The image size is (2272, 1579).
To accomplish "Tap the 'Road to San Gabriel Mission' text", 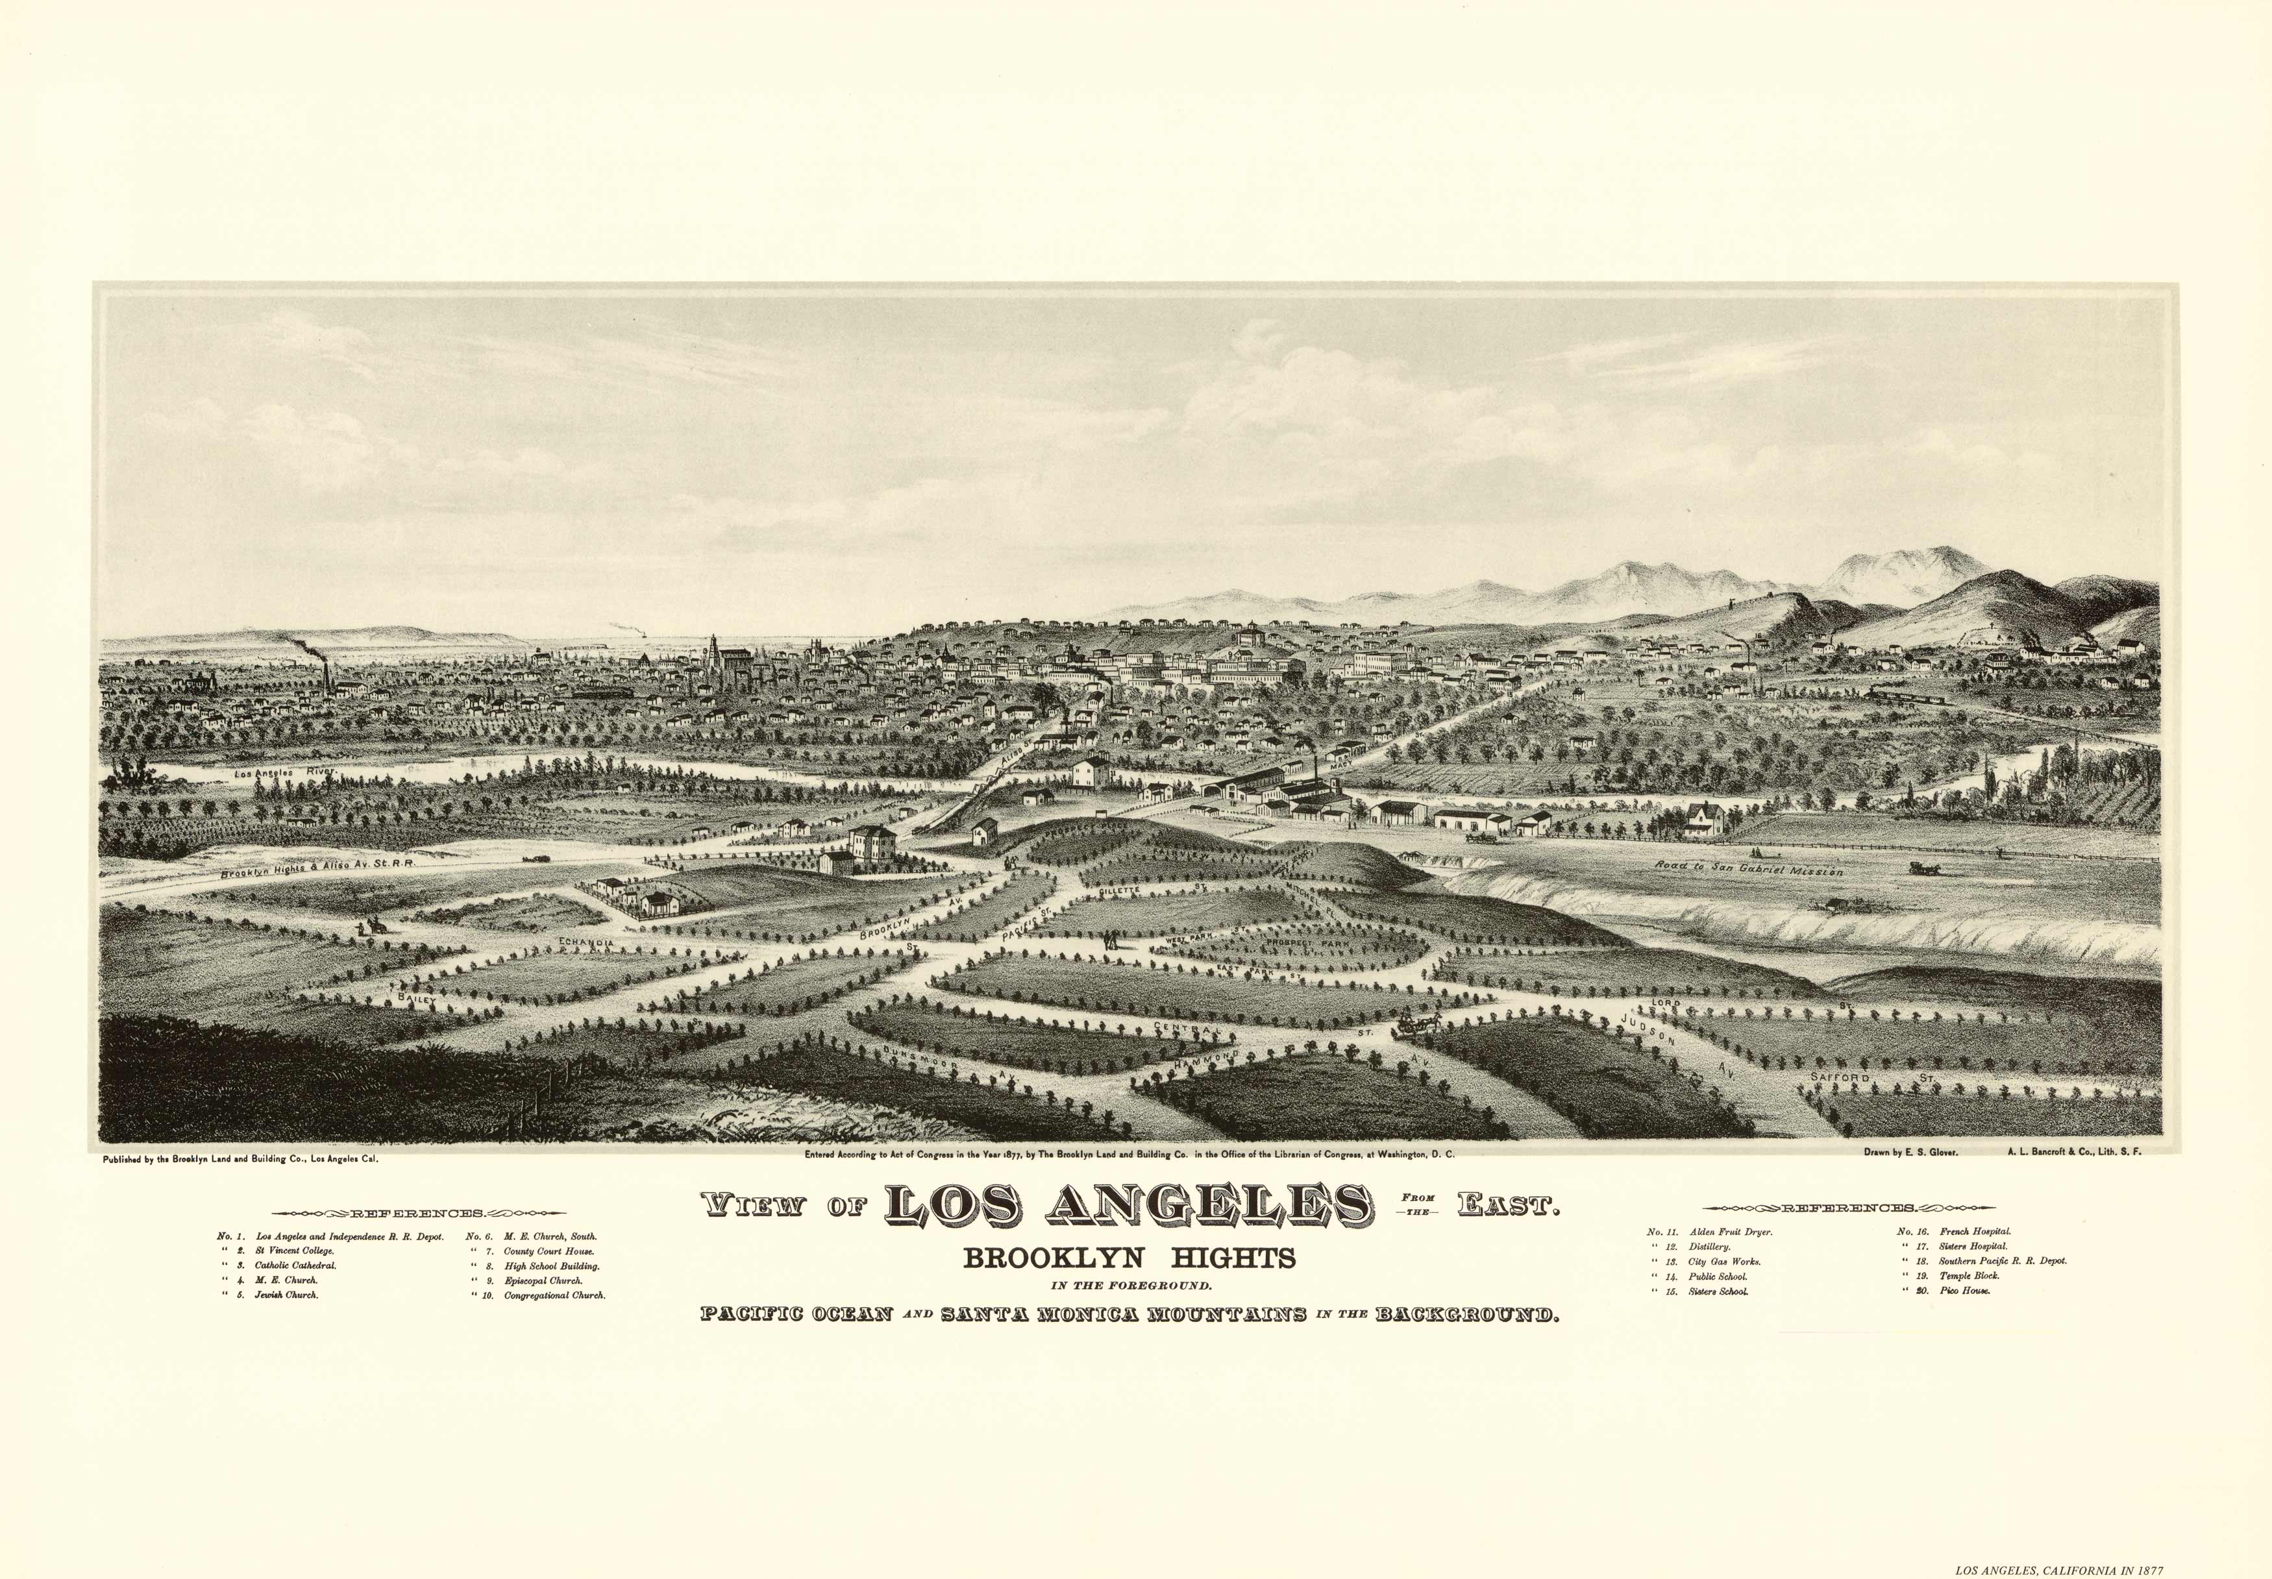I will pos(1749,868).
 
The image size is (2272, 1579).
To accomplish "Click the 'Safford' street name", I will pos(1840,1075).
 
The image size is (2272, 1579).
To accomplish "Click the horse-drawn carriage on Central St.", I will pos(1415,1025).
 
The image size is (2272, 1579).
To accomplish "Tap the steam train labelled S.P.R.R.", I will pos(1905,696).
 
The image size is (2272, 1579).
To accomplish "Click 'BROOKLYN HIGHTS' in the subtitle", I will pos(1129,1258).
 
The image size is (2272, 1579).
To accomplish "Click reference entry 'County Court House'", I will pos(549,1251).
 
